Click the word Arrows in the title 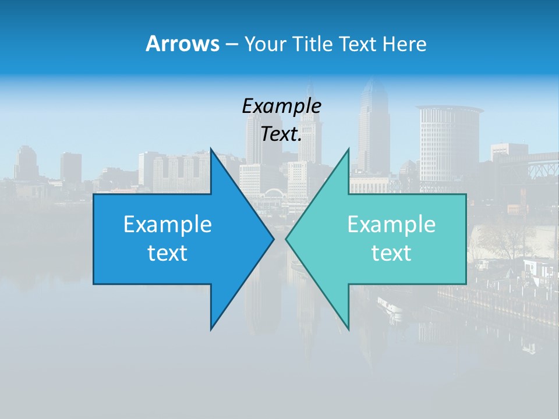[182, 44]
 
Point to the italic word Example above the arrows [281, 106]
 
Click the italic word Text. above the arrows [281, 134]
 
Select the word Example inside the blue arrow [168, 224]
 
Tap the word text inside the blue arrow [168, 253]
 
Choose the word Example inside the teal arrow [391, 224]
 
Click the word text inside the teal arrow [391, 253]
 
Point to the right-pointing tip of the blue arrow [273, 239]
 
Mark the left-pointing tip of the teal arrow [286, 239]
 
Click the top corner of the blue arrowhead [211, 149]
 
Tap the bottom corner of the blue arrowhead [211, 329]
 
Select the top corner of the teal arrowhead [348, 149]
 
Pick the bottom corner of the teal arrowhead [348, 329]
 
